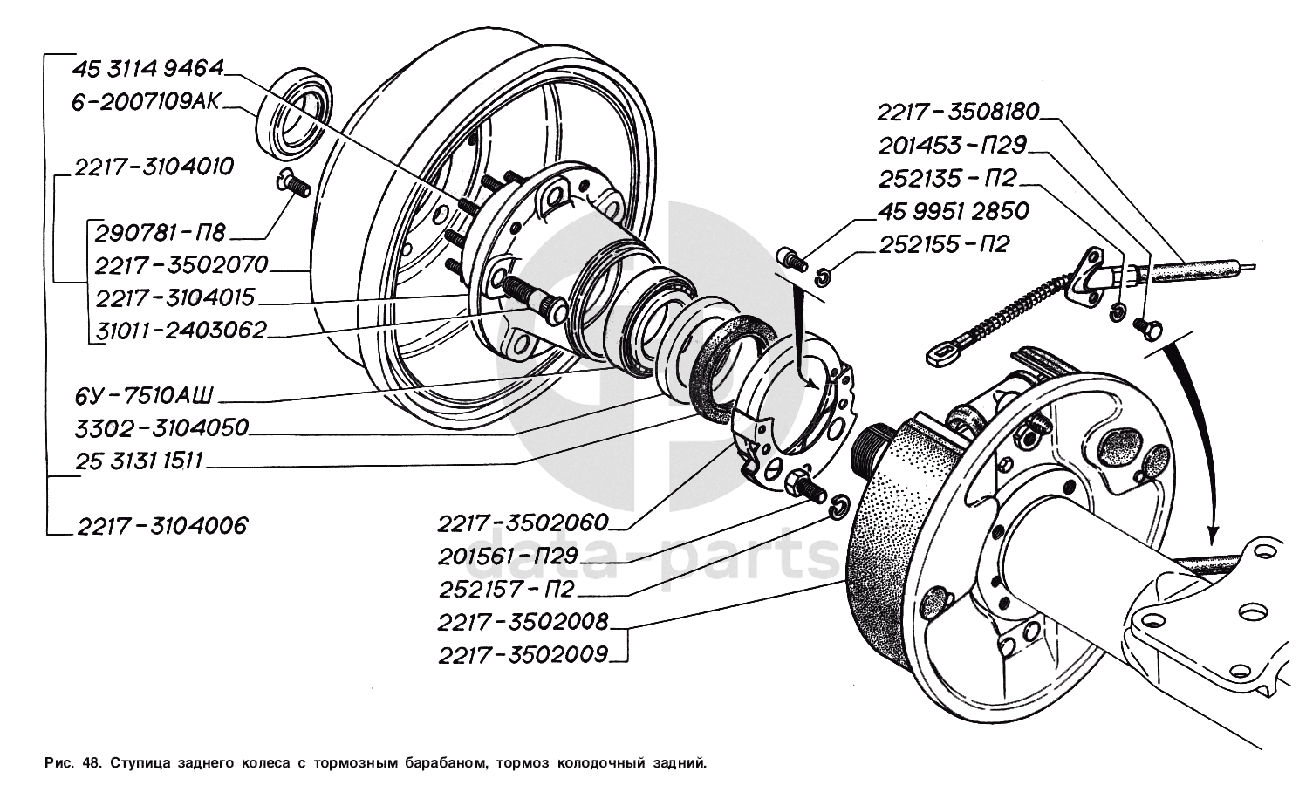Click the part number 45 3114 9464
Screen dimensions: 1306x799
[148, 69]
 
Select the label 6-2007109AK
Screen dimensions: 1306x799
[147, 102]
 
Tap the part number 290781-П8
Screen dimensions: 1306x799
[161, 233]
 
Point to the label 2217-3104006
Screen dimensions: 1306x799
[162, 526]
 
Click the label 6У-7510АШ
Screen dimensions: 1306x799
[144, 396]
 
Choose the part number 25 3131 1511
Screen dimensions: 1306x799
[139, 461]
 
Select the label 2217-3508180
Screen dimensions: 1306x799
[959, 112]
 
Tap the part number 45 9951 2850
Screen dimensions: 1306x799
[954, 211]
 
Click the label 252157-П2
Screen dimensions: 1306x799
[507, 590]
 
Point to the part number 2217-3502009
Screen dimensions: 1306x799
[523, 655]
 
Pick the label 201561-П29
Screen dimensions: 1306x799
[507, 557]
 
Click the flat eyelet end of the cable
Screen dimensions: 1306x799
[943, 354]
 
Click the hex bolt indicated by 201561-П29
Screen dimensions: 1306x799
[806, 488]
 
